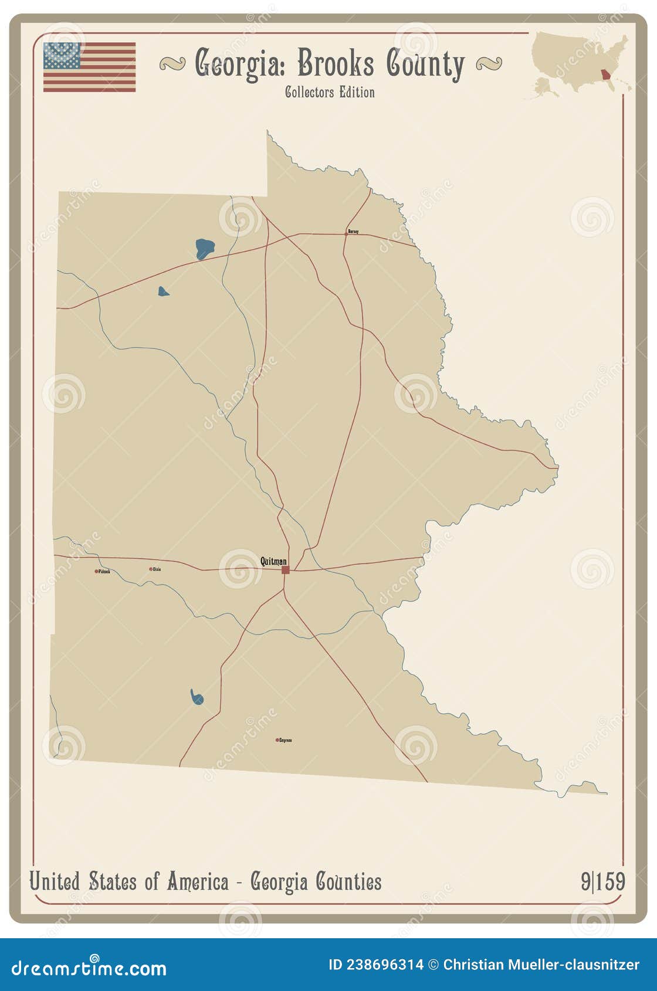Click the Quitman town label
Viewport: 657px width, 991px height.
click(x=273, y=561)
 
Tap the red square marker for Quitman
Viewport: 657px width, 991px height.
click(x=286, y=569)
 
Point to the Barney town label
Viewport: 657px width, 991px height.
click(x=353, y=232)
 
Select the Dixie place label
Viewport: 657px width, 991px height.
click(x=157, y=569)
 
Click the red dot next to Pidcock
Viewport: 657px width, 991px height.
click(x=96, y=571)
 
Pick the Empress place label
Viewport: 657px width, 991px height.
click(x=285, y=740)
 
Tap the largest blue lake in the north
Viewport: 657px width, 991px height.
click(x=204, y=249)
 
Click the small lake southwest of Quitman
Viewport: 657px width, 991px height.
click(x=197, y=697)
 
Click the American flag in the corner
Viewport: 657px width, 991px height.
click(x=89, y=67)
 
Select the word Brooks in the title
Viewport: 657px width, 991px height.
click(x=335, y=63)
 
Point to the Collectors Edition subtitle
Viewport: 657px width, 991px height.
click(x=330, y=92)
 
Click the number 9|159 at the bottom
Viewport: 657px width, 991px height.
click(x=602, y=881)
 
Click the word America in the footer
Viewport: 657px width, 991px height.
click(x=197, y=881)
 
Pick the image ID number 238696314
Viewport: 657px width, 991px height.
click(x=384, y=965)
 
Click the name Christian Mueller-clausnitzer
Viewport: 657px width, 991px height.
click(x=541, y=965)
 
